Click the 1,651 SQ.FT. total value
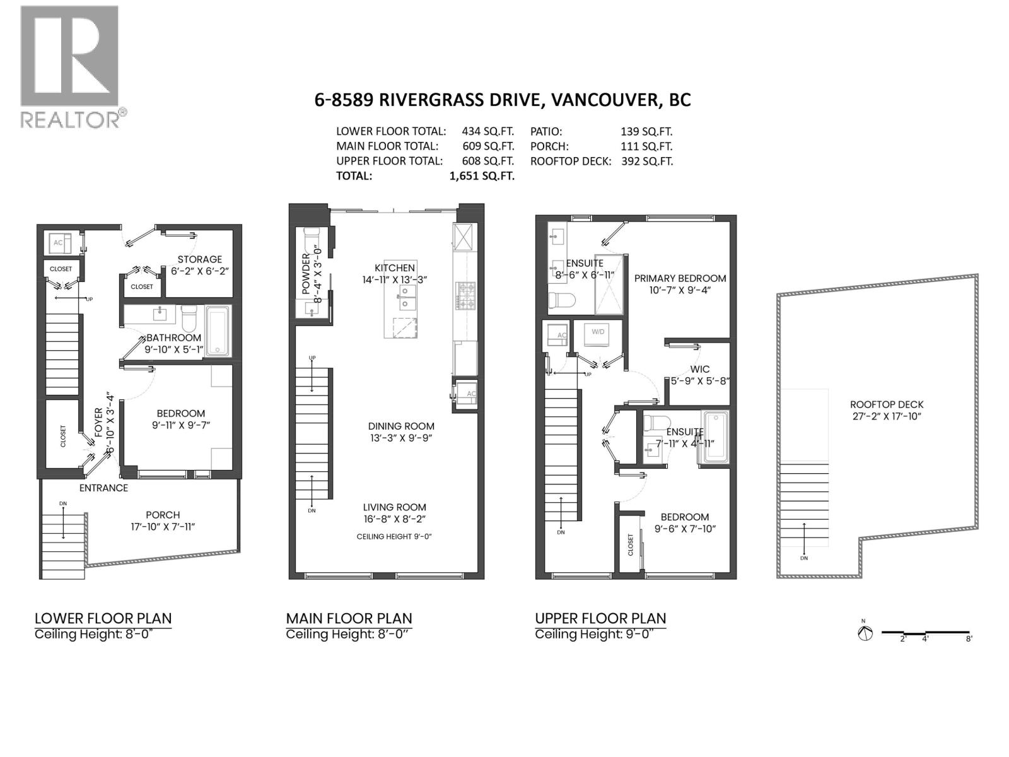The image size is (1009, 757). point(481,176)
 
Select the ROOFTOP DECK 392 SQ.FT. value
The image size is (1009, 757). point(646,161)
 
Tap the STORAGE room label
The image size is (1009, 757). point(199,259)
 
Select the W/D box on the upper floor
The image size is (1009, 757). point(597,332)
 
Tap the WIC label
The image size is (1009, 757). point(699,369)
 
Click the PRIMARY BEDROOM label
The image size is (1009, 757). point(680,278)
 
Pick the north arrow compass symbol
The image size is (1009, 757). point(865,633)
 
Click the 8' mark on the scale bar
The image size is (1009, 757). point(968,638)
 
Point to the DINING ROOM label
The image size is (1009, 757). point(401,426)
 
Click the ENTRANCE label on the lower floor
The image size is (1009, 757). point(103,488)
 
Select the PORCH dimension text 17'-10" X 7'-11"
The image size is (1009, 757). point(163,527)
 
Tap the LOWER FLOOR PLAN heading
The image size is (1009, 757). point(103,618)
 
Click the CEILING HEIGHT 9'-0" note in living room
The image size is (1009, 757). point(394,536)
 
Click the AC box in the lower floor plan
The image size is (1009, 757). point(58,242)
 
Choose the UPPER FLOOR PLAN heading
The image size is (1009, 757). point(600,618)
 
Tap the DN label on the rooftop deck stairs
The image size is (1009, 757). point(803,558)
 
